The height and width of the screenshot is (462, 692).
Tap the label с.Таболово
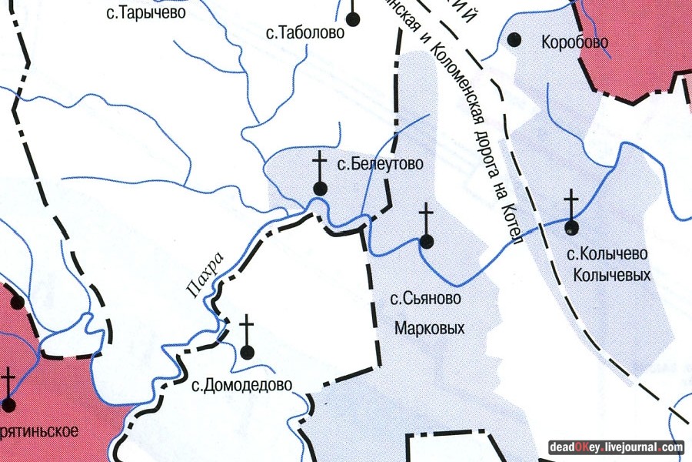pyautogui.click(x=304, y=32)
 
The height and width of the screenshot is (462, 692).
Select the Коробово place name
pyautogui.click(x=574, y=42)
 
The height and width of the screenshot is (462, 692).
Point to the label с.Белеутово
pyautogui.click(x=381, y=164)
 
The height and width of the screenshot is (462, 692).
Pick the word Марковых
pyautogui.click(x=430, y=329)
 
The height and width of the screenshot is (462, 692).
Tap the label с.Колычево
pyautogui.click(x=607, y=253)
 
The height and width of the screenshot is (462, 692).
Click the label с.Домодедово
pyautogui.click(x=241, y=385)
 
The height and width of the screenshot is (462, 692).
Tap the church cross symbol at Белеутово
pyautogui.click(x=321, y=173)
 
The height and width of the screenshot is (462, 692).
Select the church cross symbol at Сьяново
pyautogui.click(x=427, y=227)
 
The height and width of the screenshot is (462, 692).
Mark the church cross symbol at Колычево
pyautogui.click(x=571, y=212)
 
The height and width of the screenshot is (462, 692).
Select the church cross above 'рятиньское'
pyautogui.click(x=9, y=390)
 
